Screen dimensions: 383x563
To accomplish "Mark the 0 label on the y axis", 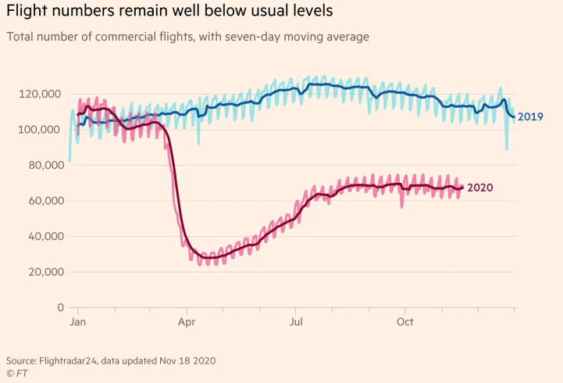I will pyautogui.click(x=59, y=307).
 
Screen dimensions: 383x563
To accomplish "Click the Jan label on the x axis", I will pyautogui.click(x=77, y=321).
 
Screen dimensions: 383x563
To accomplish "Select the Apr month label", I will pyautogui.click(x=187, y=321).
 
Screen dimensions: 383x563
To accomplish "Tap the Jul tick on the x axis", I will pyautogui.click(x=296, y=321).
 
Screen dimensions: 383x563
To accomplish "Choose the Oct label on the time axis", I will pyautogui.click(x=404, y=321).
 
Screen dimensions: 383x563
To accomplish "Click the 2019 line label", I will pyautogui.click(x=530, y=117).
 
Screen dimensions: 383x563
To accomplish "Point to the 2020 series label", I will pyautogui.click(x=479, y=188).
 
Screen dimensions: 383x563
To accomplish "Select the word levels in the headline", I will pyautogui.click(x=287, y=12).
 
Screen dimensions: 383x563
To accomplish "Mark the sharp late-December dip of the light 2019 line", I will pyautogui.click(x=507, y=149).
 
